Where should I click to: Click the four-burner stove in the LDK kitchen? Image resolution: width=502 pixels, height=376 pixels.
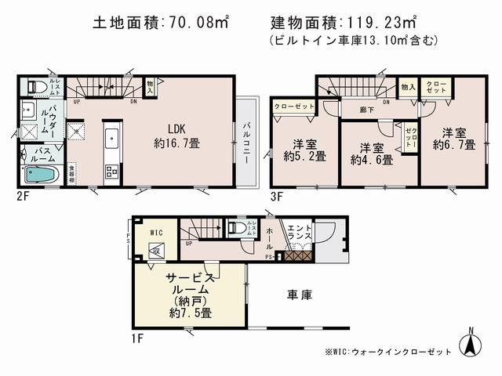point(111,172)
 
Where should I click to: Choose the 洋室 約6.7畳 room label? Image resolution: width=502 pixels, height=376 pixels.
point(453,138)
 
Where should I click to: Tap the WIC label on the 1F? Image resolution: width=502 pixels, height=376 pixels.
point(155,233)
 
